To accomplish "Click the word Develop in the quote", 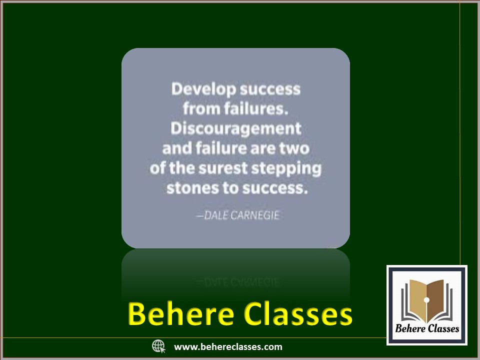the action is pos(204,89).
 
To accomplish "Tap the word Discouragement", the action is pos(236,128).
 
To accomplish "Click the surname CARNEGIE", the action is pos(255,215).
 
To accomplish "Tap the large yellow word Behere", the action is pos(181,314).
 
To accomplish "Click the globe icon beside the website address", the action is pos(158,346).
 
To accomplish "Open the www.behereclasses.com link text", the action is pos(228,347).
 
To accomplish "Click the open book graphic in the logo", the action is pos(426,301).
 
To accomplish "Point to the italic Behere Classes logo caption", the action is pos(427,328).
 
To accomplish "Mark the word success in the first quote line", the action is pos(270,89).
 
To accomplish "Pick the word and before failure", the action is pos(177,148).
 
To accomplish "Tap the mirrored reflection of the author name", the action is pos(238,281).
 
